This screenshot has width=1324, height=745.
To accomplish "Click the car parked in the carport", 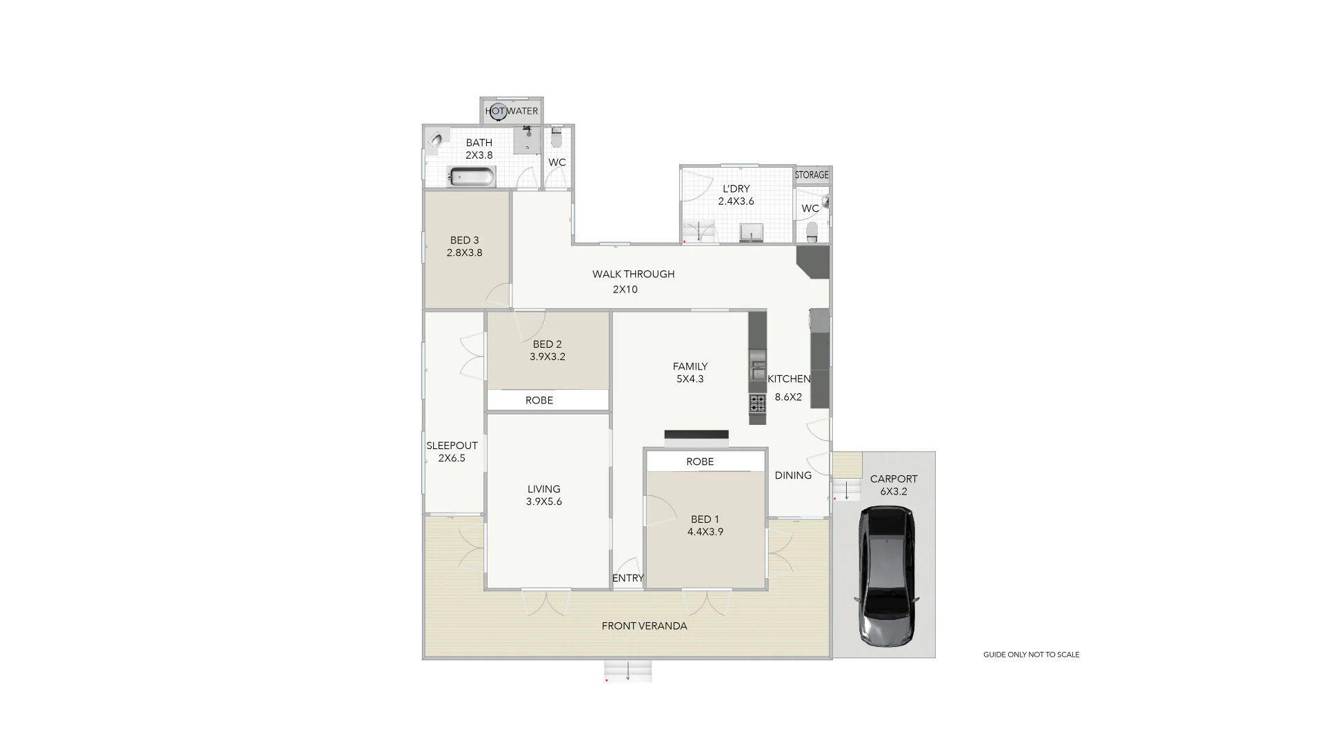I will coord(887,576).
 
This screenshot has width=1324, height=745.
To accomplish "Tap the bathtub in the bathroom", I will coord(472,177).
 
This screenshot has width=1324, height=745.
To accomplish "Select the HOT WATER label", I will coord(512,111).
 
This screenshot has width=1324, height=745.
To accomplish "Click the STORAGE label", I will coord(812,175).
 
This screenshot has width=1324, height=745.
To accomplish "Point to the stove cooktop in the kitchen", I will coord(757,403).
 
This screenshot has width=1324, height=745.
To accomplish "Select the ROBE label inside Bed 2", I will coord(539,400).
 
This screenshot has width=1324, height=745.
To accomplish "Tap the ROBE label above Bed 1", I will coord(700,461).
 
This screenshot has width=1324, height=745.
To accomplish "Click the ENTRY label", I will coord(628,578).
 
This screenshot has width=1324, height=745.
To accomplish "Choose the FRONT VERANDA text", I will coord(644,626).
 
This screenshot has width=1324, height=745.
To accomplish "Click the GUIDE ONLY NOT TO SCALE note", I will coord(1031,655).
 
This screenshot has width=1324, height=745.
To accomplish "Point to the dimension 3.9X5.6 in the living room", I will coord(543,501).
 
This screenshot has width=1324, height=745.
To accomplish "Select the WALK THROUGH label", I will coord(633,274).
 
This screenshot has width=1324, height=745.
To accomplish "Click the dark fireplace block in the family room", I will coord(696,435).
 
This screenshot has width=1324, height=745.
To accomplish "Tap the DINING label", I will coord(792,475).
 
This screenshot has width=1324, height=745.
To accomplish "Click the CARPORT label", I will coord(894,479).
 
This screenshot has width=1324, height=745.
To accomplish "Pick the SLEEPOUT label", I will coord(452,446).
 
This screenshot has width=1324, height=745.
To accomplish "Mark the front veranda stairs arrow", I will coord(628,672).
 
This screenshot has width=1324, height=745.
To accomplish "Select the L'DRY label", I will coord(736,188).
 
